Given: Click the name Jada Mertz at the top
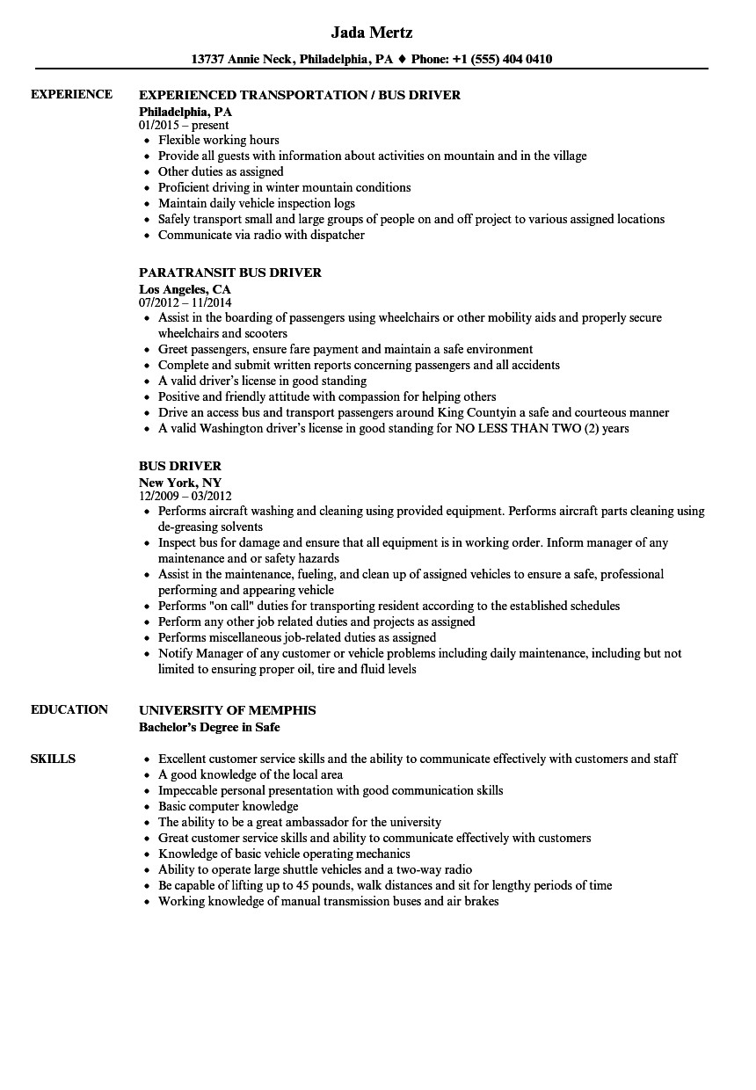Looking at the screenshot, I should click(372, 33).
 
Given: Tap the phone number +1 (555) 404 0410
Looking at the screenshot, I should click(502, 60).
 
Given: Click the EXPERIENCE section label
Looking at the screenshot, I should click(71, 94).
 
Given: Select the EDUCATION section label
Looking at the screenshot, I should click(69, 709).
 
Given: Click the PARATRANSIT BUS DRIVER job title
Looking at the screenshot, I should click(230, 272).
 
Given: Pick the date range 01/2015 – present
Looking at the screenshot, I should click(185, 125).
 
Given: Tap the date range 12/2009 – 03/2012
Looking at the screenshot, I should click(190, 496).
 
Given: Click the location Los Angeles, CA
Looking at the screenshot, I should click(185, 288).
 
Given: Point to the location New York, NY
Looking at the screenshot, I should click(180, 482).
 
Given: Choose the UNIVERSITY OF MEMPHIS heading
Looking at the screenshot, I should click(228, 709).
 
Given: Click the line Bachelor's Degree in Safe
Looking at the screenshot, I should click(210, 727).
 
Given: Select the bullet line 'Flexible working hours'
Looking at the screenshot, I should click(219, 140).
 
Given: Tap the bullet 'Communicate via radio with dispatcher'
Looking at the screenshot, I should click(261, 235).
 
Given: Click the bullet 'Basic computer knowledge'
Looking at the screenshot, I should click(229, 806).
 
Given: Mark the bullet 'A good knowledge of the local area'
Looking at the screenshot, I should click(251, 774).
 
